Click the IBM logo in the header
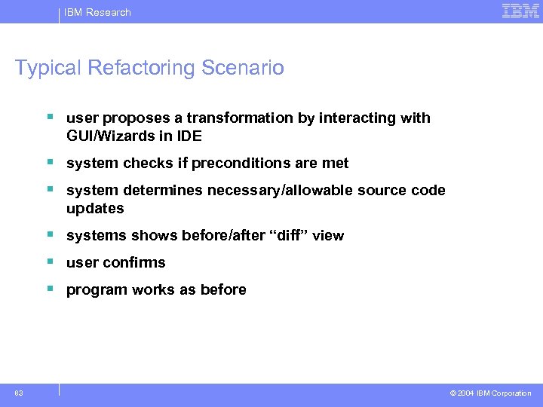pos(520,11)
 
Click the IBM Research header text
pos(97,12)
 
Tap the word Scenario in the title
pos(243,68)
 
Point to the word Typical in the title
pos(48,68)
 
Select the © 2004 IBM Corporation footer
pos(490,393)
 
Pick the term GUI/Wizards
pos(112,136)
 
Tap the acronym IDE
pos(189,136)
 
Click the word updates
pos(95,209)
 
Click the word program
pos(94,290)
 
